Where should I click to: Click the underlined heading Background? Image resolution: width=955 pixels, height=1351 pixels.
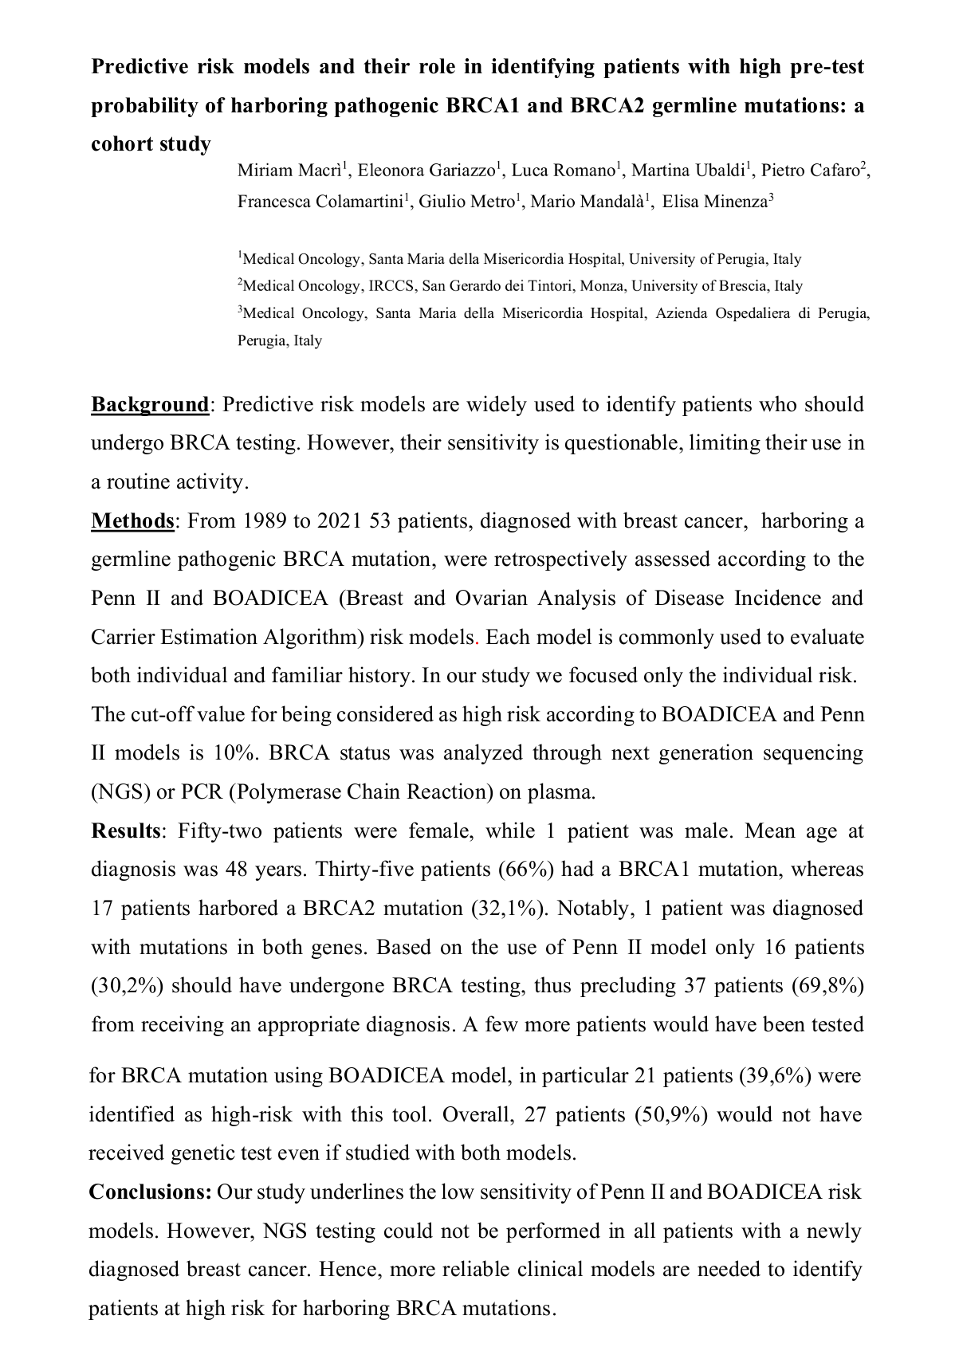pyautogui.click(x=150, y=405)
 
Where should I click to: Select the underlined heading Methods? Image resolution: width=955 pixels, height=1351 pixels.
pyautogui.click(x=132, y=521)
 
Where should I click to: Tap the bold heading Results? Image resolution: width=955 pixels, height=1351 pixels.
pyautogui.click(x=126, y=831)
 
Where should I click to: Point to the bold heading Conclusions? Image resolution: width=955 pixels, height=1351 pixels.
pyautogui.click(x=150, y=1192)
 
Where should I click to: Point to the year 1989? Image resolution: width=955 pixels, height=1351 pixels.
pyautogui.click(x=265, y=521)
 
